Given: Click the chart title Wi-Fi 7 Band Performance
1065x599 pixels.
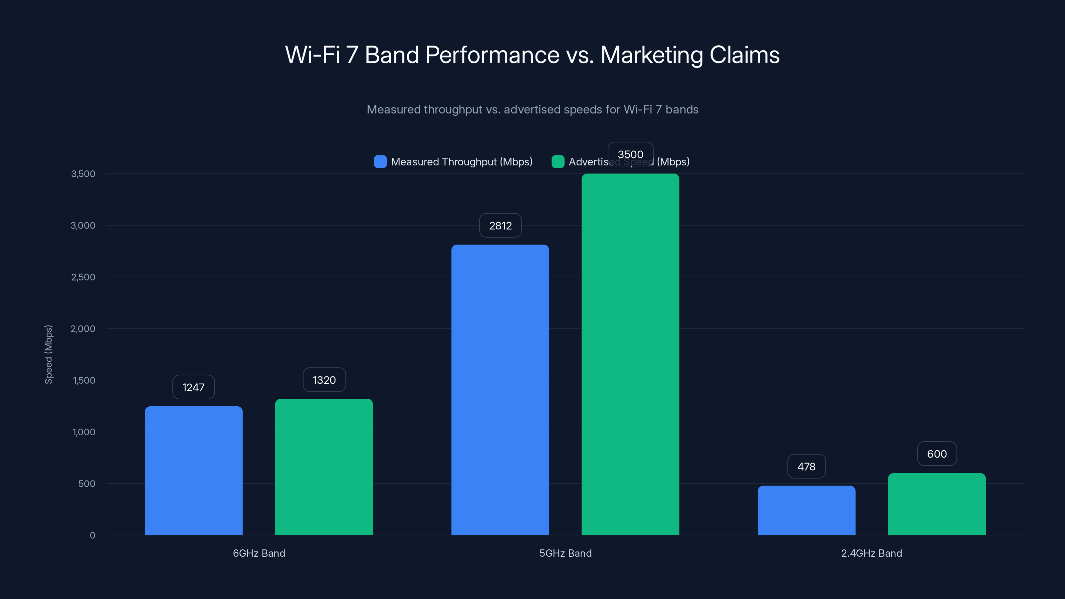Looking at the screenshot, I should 532,55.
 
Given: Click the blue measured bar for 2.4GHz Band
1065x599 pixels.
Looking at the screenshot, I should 806,510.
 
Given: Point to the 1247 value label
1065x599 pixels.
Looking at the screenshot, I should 193,387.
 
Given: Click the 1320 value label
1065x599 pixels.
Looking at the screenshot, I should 324,380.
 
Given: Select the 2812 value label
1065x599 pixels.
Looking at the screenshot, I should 500,226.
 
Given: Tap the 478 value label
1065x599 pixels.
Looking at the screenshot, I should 806,466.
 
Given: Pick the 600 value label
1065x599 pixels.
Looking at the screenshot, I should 937,454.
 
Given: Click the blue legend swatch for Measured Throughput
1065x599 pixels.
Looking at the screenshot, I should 380,162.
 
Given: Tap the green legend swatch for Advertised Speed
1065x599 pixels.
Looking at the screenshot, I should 558,162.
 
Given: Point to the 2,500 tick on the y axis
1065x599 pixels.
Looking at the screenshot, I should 83,277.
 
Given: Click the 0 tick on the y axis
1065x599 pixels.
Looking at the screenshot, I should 92,535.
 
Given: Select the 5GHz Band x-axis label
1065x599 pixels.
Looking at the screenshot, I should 565,553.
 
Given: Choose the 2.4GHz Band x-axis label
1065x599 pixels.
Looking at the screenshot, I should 872,553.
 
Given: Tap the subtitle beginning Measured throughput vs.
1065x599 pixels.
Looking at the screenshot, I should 532,109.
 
